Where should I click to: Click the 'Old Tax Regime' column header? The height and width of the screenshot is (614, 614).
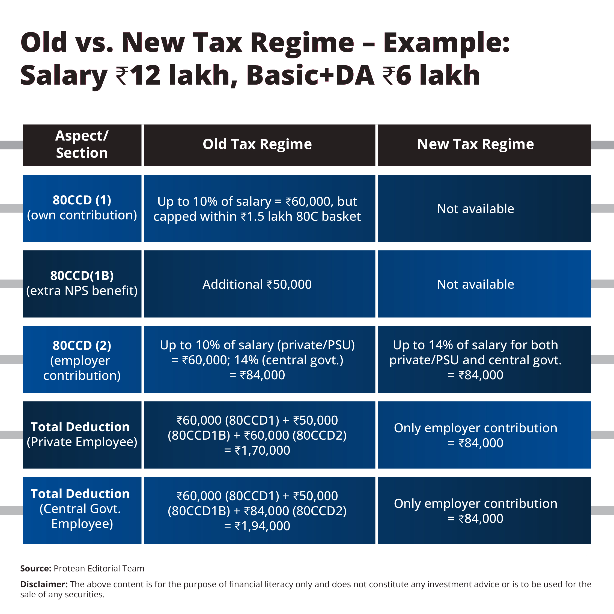pyautogui.click(x=257, y=144)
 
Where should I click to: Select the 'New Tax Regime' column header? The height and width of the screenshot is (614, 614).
pyautogui.click(x=475, y=144)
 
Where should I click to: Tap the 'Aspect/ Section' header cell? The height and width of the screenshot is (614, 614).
pyautogui.click(x=82, y=145)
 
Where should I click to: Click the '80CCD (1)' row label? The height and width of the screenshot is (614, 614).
pyautogui.click(x=82, y=201)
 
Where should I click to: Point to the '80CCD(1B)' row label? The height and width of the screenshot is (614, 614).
pyautogui.click(x=82, y=276)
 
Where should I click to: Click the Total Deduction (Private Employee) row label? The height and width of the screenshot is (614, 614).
pyautogui.click(x=82, y=434)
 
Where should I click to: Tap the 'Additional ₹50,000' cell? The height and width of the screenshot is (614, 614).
pyautogui.click(x=257, y=284)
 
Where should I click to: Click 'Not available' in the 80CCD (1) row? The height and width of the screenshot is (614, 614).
pyautogui.click(x=475, y=209)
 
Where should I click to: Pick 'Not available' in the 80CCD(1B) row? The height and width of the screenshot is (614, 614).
pyautogui.click(x=475, y=284)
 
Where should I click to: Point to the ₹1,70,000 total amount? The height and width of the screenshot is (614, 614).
pyautogui.click(x=262, y=450)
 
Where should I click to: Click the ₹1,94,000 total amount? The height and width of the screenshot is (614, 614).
pyautogui.click(x=262, y=526)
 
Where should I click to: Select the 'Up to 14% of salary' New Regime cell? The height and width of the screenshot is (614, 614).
pyautogui.click(x=475, y=345)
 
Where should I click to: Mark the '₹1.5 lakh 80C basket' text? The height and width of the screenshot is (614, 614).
pyautogui.click(x=300, y=217)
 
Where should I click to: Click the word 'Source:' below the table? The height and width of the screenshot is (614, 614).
pyautogui.click(x=35, y=568)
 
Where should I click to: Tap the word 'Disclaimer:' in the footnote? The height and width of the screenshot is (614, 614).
pyautogui.click(x=44, y=585)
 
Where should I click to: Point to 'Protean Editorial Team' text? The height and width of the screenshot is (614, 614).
pyautogui.click(x=99, y=568)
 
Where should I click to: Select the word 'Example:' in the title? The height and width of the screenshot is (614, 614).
pyautogui.click(x=446, y=43)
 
